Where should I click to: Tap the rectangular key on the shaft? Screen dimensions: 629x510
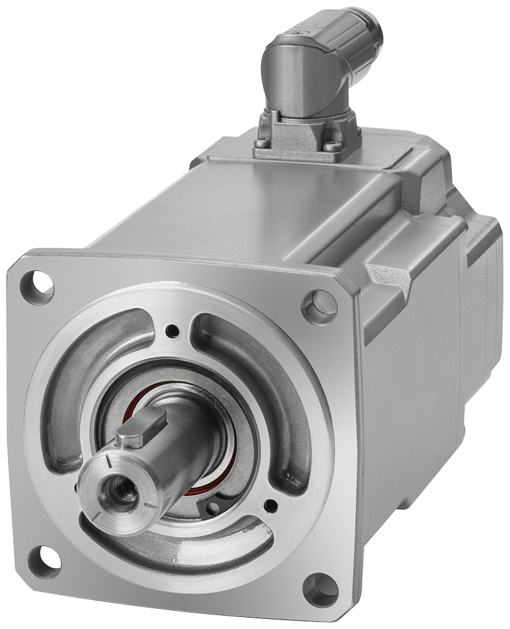coord(141,428)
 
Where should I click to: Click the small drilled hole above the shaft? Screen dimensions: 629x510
coord(171,330)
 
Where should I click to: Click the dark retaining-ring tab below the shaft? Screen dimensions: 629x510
coord(211,506)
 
